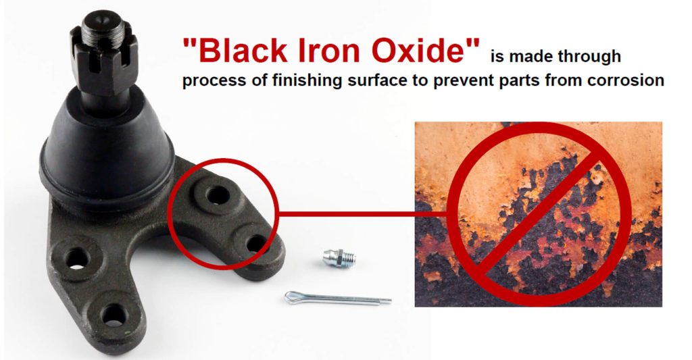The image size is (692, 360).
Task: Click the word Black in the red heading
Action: [243, 50]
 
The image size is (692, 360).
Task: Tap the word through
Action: [589, 57]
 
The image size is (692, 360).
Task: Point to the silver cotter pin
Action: [338, 299]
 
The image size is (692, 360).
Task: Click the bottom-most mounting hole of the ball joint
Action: [114, 315]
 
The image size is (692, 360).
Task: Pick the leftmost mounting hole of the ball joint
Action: [77, 257]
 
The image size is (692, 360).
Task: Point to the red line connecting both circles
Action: [362, 214]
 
